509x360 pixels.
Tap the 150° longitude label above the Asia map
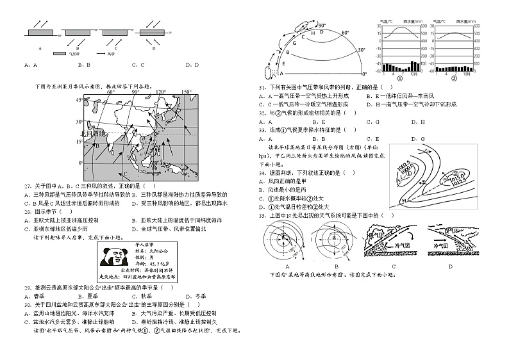pyautogui.click(x=186, y=92)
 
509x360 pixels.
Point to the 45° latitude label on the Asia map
pyautogui.click(x=79, y=100)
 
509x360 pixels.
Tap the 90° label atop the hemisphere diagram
pyautogui.click(x=304, y=26)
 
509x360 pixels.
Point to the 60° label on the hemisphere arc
pyautogui.click(x=345, y=33)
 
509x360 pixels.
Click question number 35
pyautogui.click(x=262, y=215)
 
